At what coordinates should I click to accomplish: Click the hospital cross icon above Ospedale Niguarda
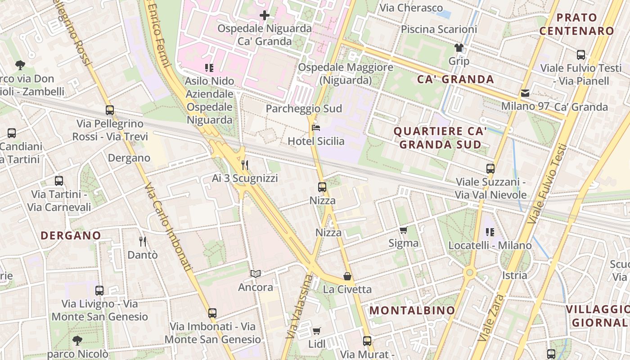pyautogui.click(x=265, y=15)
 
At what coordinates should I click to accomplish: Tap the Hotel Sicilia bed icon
pyautogui.click(x=316, y=128)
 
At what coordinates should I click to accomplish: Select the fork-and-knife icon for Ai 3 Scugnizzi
pyautogui.click(x=245, y=165)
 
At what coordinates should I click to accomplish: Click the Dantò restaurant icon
pyautogui.click(x=143, y=242)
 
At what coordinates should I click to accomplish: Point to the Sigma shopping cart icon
pyautogui.click(x=403, y=230)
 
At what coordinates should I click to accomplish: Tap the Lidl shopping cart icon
pyautogui.click(x=317, y=331)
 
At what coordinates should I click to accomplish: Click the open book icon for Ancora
pyautogui.click(x=256, y=274)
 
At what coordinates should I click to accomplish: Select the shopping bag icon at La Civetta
pyautogui.click(x=347, y=276)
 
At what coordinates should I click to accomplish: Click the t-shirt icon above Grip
pyautogui.click(x=459, y=48)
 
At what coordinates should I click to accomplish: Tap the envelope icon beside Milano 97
pyautogui.click(x=525, y=94)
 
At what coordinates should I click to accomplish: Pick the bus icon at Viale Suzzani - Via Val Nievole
pyautogui.click(x=490, y=169)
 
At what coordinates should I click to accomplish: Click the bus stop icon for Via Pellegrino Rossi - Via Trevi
pyautogui.click(x=109, y=110)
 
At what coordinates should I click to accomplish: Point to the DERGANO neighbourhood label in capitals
pyautogui.click(x=71, y=235)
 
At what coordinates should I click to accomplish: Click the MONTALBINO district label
pyautogui.click(x=412, y=310)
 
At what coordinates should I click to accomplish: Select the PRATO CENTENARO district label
pyautogui.click(x=576, y=24)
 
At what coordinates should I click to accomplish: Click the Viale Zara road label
pyautogui.click(x=491, y=317)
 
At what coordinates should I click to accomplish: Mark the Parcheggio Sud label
pyautogui.click(x=304, y=109)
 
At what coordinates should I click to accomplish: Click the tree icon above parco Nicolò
pyautogui.click(x=77, y=340)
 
